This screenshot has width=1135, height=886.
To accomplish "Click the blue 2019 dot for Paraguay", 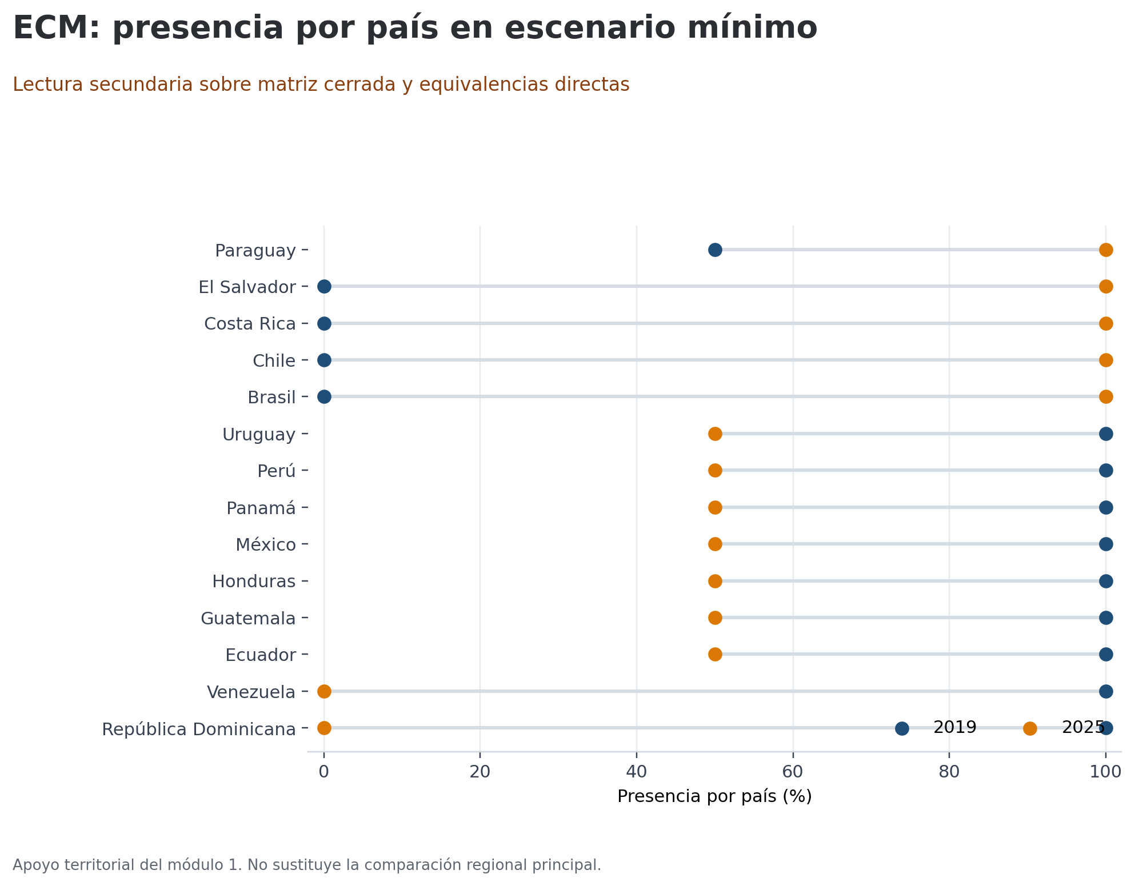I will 714,250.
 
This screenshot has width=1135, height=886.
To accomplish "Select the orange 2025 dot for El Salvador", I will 1105,287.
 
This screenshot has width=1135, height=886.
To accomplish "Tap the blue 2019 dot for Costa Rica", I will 324,324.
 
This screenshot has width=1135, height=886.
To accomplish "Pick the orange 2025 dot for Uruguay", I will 714,434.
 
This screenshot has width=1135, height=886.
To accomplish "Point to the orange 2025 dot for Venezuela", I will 324,692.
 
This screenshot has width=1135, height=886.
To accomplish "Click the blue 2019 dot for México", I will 1105,544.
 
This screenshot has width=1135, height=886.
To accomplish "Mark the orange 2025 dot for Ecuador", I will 714,655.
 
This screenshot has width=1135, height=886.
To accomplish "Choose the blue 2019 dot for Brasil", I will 324,397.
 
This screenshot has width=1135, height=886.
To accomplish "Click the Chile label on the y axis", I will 274,361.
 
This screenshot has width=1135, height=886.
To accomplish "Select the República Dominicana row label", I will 199,729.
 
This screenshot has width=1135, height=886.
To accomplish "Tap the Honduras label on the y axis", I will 254,582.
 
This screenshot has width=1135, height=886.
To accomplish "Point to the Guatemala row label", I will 248,619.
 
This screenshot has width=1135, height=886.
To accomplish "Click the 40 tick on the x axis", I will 636,772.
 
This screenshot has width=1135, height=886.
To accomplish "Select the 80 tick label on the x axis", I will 949,772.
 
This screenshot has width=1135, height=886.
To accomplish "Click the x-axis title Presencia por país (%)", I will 714,796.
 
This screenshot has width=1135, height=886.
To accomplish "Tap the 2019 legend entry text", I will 954,728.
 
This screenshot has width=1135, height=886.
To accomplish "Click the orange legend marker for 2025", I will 1030,728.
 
